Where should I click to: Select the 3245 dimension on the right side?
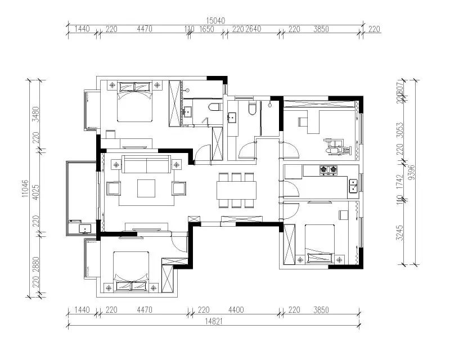(399, 233)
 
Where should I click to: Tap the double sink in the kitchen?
(353, 185)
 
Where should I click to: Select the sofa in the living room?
(147, 165)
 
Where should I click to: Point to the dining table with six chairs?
(237, 189)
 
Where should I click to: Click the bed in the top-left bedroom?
(135, 103)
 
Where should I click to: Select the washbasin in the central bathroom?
(232, 118)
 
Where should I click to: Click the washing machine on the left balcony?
(84, 228)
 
